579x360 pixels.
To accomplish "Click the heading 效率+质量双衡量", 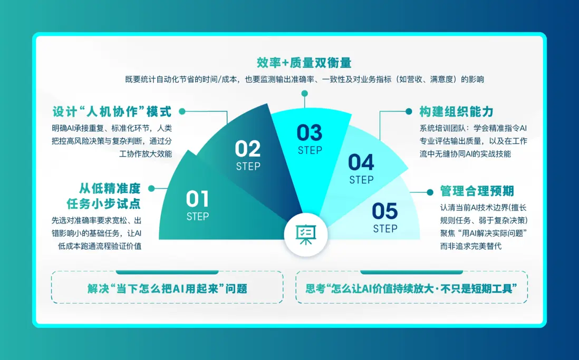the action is coord(304,63).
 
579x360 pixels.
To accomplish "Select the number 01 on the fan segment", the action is coord(198,199).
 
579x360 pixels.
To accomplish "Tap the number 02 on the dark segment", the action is coord(248,149).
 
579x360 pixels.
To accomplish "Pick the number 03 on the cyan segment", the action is coord(310,133).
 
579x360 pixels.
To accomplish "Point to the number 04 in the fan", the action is coord(361,162).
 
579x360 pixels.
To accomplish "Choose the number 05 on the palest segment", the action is coord(385,211).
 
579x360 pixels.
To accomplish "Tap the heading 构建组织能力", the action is coord(457,112).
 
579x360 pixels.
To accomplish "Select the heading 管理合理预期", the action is coord(477,191).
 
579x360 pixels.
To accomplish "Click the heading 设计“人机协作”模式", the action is coord(112,112).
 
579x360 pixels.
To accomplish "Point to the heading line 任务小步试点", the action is coord(104,203).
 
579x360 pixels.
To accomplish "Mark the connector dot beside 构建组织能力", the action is coord(409,111).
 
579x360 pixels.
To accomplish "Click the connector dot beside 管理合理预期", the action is coord(430,192).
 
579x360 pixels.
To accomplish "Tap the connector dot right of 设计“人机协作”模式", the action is coord(182,111).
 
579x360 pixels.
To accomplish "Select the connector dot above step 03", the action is coord(305,93).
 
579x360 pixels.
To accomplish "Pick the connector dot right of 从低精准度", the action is coord(151,188).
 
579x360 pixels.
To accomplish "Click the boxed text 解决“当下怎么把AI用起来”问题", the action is coord(167,288).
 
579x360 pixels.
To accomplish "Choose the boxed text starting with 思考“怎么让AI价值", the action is coord(411,288).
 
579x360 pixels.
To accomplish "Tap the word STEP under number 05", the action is coord(385,229).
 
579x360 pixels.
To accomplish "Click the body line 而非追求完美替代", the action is coord(471,246).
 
